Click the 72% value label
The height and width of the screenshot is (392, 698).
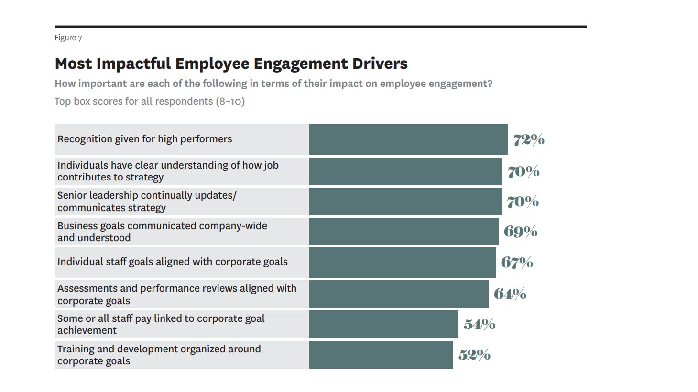tap(529, 139)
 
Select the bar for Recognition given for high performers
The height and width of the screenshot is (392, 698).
tap(408, 139)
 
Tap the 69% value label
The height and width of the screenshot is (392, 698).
tap(520, 232)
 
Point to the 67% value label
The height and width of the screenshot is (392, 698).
tap(517, 262)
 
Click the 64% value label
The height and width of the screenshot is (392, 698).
tap(510, 294)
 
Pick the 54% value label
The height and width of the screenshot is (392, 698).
tap(479, 324)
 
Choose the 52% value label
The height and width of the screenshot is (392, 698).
tap(474, 355)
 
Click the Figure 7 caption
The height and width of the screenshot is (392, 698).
tap(68, 38)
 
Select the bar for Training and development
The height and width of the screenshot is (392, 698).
tap(381, 355)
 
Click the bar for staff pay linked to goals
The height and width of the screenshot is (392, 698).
tap(383, 324)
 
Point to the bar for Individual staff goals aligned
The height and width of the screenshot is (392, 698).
tap(402, 262)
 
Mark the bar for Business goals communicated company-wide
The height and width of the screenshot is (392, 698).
tap(404, 232)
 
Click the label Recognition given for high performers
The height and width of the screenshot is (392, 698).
tap(144, 139)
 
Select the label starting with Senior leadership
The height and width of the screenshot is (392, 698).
tap(146, 201)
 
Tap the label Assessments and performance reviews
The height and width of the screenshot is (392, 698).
tap(176, 294)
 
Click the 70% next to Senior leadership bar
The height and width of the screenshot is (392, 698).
tap(523, 201)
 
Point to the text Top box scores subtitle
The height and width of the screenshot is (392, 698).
tap(149, 101)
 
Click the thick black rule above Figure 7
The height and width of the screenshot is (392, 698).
tap(320, 27)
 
